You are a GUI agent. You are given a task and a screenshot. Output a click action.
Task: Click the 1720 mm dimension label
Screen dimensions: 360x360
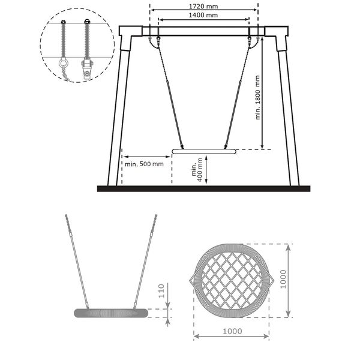coord(203,6)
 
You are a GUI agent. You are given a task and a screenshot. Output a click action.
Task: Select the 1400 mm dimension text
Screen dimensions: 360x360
coord(203,15)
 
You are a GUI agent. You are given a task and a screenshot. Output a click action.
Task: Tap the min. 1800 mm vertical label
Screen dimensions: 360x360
coord(258,98)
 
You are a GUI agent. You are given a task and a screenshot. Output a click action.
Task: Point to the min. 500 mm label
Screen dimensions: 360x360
coord(144,164)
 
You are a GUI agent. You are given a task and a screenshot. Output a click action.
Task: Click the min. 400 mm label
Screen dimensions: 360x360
coord(197,170)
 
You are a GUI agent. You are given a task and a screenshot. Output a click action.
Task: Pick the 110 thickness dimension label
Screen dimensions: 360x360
coord(161,291)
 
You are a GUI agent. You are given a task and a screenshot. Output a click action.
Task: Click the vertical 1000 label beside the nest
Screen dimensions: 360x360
coord(283,279)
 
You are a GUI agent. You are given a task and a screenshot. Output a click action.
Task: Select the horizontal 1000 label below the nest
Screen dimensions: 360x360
coord(232,331)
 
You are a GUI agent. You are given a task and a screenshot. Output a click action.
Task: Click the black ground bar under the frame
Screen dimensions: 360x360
coord(203,189)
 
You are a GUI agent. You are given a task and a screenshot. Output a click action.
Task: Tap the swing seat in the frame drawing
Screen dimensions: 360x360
coord(204,151)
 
